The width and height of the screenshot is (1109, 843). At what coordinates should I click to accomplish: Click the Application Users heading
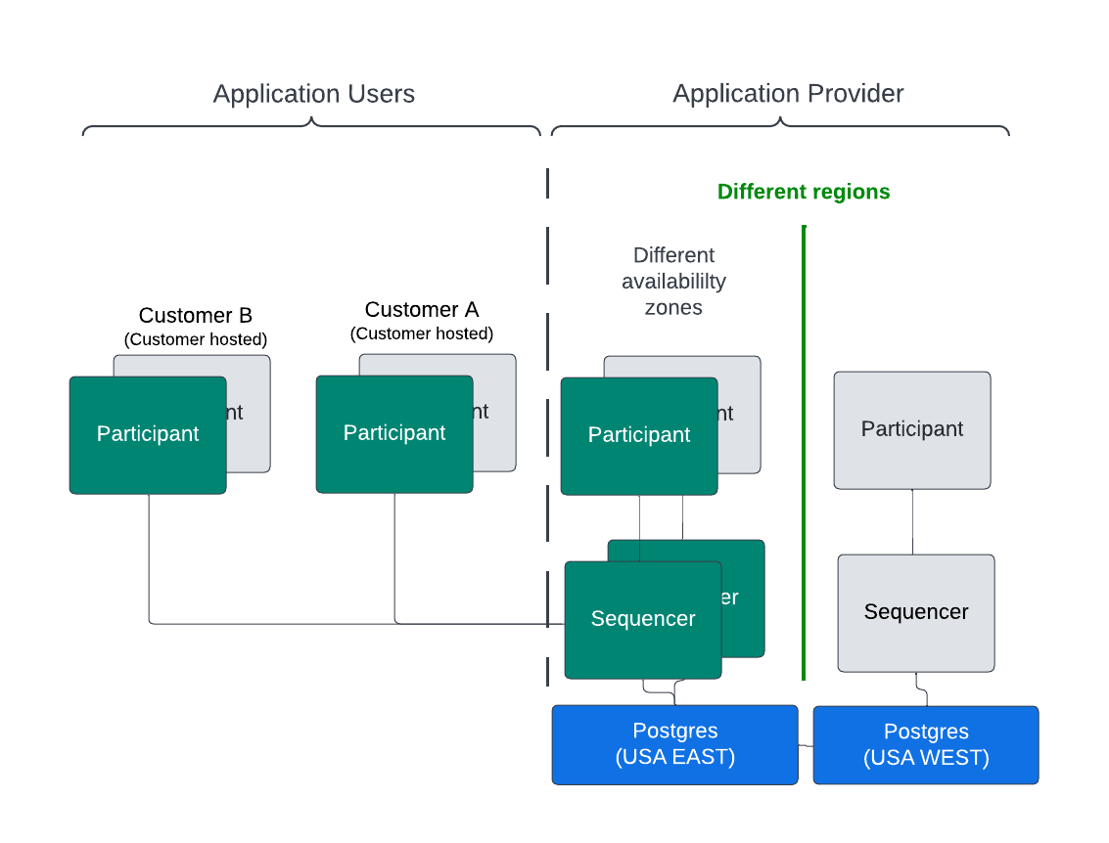click(313, 94)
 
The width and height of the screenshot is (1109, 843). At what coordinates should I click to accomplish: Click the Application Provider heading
click(788, 94)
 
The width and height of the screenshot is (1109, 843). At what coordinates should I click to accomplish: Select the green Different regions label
click(804, 192)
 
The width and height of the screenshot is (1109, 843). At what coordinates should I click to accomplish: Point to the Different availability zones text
click(673, 282)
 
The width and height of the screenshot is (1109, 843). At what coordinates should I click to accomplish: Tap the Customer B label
click(196, 315)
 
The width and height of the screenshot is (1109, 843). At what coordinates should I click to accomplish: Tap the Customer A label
click(422, 309)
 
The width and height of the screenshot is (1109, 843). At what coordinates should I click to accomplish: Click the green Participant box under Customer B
click(148, 434)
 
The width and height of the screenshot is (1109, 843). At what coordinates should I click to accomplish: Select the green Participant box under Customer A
click(394, 433)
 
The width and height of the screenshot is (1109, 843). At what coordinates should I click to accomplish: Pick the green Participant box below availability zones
click(639, 435)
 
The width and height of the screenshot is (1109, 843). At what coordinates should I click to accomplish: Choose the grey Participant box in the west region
click(912, 429)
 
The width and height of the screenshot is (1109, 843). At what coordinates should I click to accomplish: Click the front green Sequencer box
click(643, 619)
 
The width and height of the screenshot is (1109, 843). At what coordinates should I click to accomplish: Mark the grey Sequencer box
click(916, 612)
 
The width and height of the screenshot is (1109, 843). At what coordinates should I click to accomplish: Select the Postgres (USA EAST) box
click(674, 744)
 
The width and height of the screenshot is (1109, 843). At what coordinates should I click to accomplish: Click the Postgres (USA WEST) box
click(926, 745)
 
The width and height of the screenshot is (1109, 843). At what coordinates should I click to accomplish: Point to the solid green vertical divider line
click(804, 450)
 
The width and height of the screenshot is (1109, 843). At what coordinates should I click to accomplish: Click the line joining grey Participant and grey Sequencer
click(913, 522)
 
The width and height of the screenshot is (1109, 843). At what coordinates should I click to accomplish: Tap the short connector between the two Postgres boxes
click(806, 745)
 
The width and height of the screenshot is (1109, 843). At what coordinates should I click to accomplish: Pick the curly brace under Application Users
click(311, 127)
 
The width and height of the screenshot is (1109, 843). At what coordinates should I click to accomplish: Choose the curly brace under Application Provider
click(780, 127)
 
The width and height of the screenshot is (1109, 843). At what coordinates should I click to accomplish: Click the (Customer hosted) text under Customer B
click(196, 339)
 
